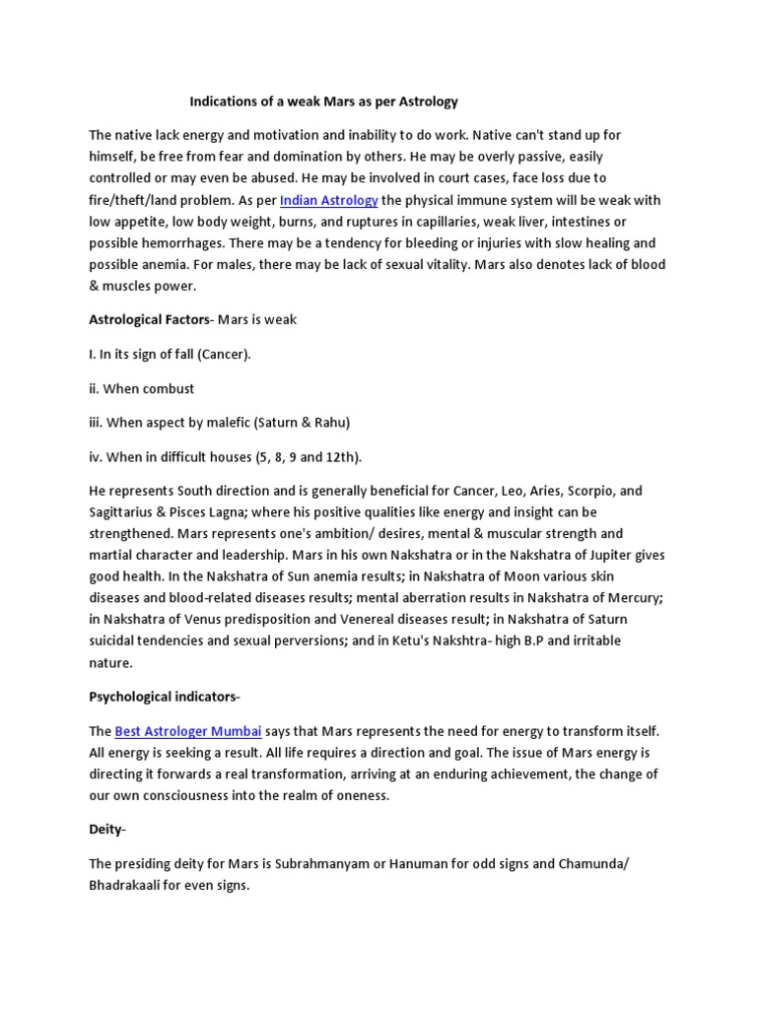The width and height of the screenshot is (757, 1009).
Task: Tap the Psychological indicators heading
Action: point(163,697)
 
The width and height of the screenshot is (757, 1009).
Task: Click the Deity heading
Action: point(105,830)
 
